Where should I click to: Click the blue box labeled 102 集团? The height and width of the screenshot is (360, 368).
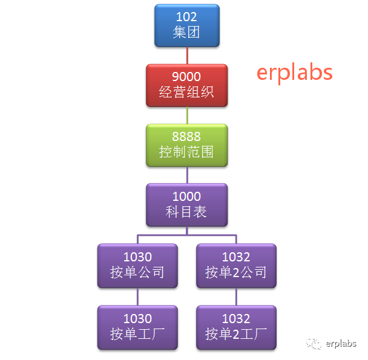tap(186, 25)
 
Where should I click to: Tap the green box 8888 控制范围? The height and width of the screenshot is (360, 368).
tap(186, 145)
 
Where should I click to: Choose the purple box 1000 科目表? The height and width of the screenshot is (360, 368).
tap(186, 205)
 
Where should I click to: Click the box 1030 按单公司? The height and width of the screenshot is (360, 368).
tap(137, 265)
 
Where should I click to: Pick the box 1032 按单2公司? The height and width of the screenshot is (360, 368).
tap(236, 265)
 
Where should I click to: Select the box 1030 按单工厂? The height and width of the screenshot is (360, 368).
tap(137, 327)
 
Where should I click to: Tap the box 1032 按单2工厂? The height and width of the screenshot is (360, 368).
tap(236, 327)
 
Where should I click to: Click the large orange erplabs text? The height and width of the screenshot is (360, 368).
tap(294, 72)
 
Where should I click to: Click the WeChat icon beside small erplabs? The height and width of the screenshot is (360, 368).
tap(314, 344)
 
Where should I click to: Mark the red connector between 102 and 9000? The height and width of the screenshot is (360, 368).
tap(186, 55)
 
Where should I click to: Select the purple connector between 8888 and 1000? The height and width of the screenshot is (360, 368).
tap(186, 174)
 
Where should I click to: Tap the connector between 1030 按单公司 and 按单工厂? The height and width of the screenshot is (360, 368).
tap(137, 296)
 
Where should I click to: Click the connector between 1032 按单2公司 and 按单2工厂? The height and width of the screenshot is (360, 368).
tap(236, 296)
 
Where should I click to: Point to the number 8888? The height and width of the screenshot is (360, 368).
tap(186, 137)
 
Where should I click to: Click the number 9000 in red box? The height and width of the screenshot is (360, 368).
tap(186, 77)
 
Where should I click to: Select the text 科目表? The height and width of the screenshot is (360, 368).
tap(186, 212)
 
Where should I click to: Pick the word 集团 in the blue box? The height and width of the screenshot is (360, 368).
tap(186, 32)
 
